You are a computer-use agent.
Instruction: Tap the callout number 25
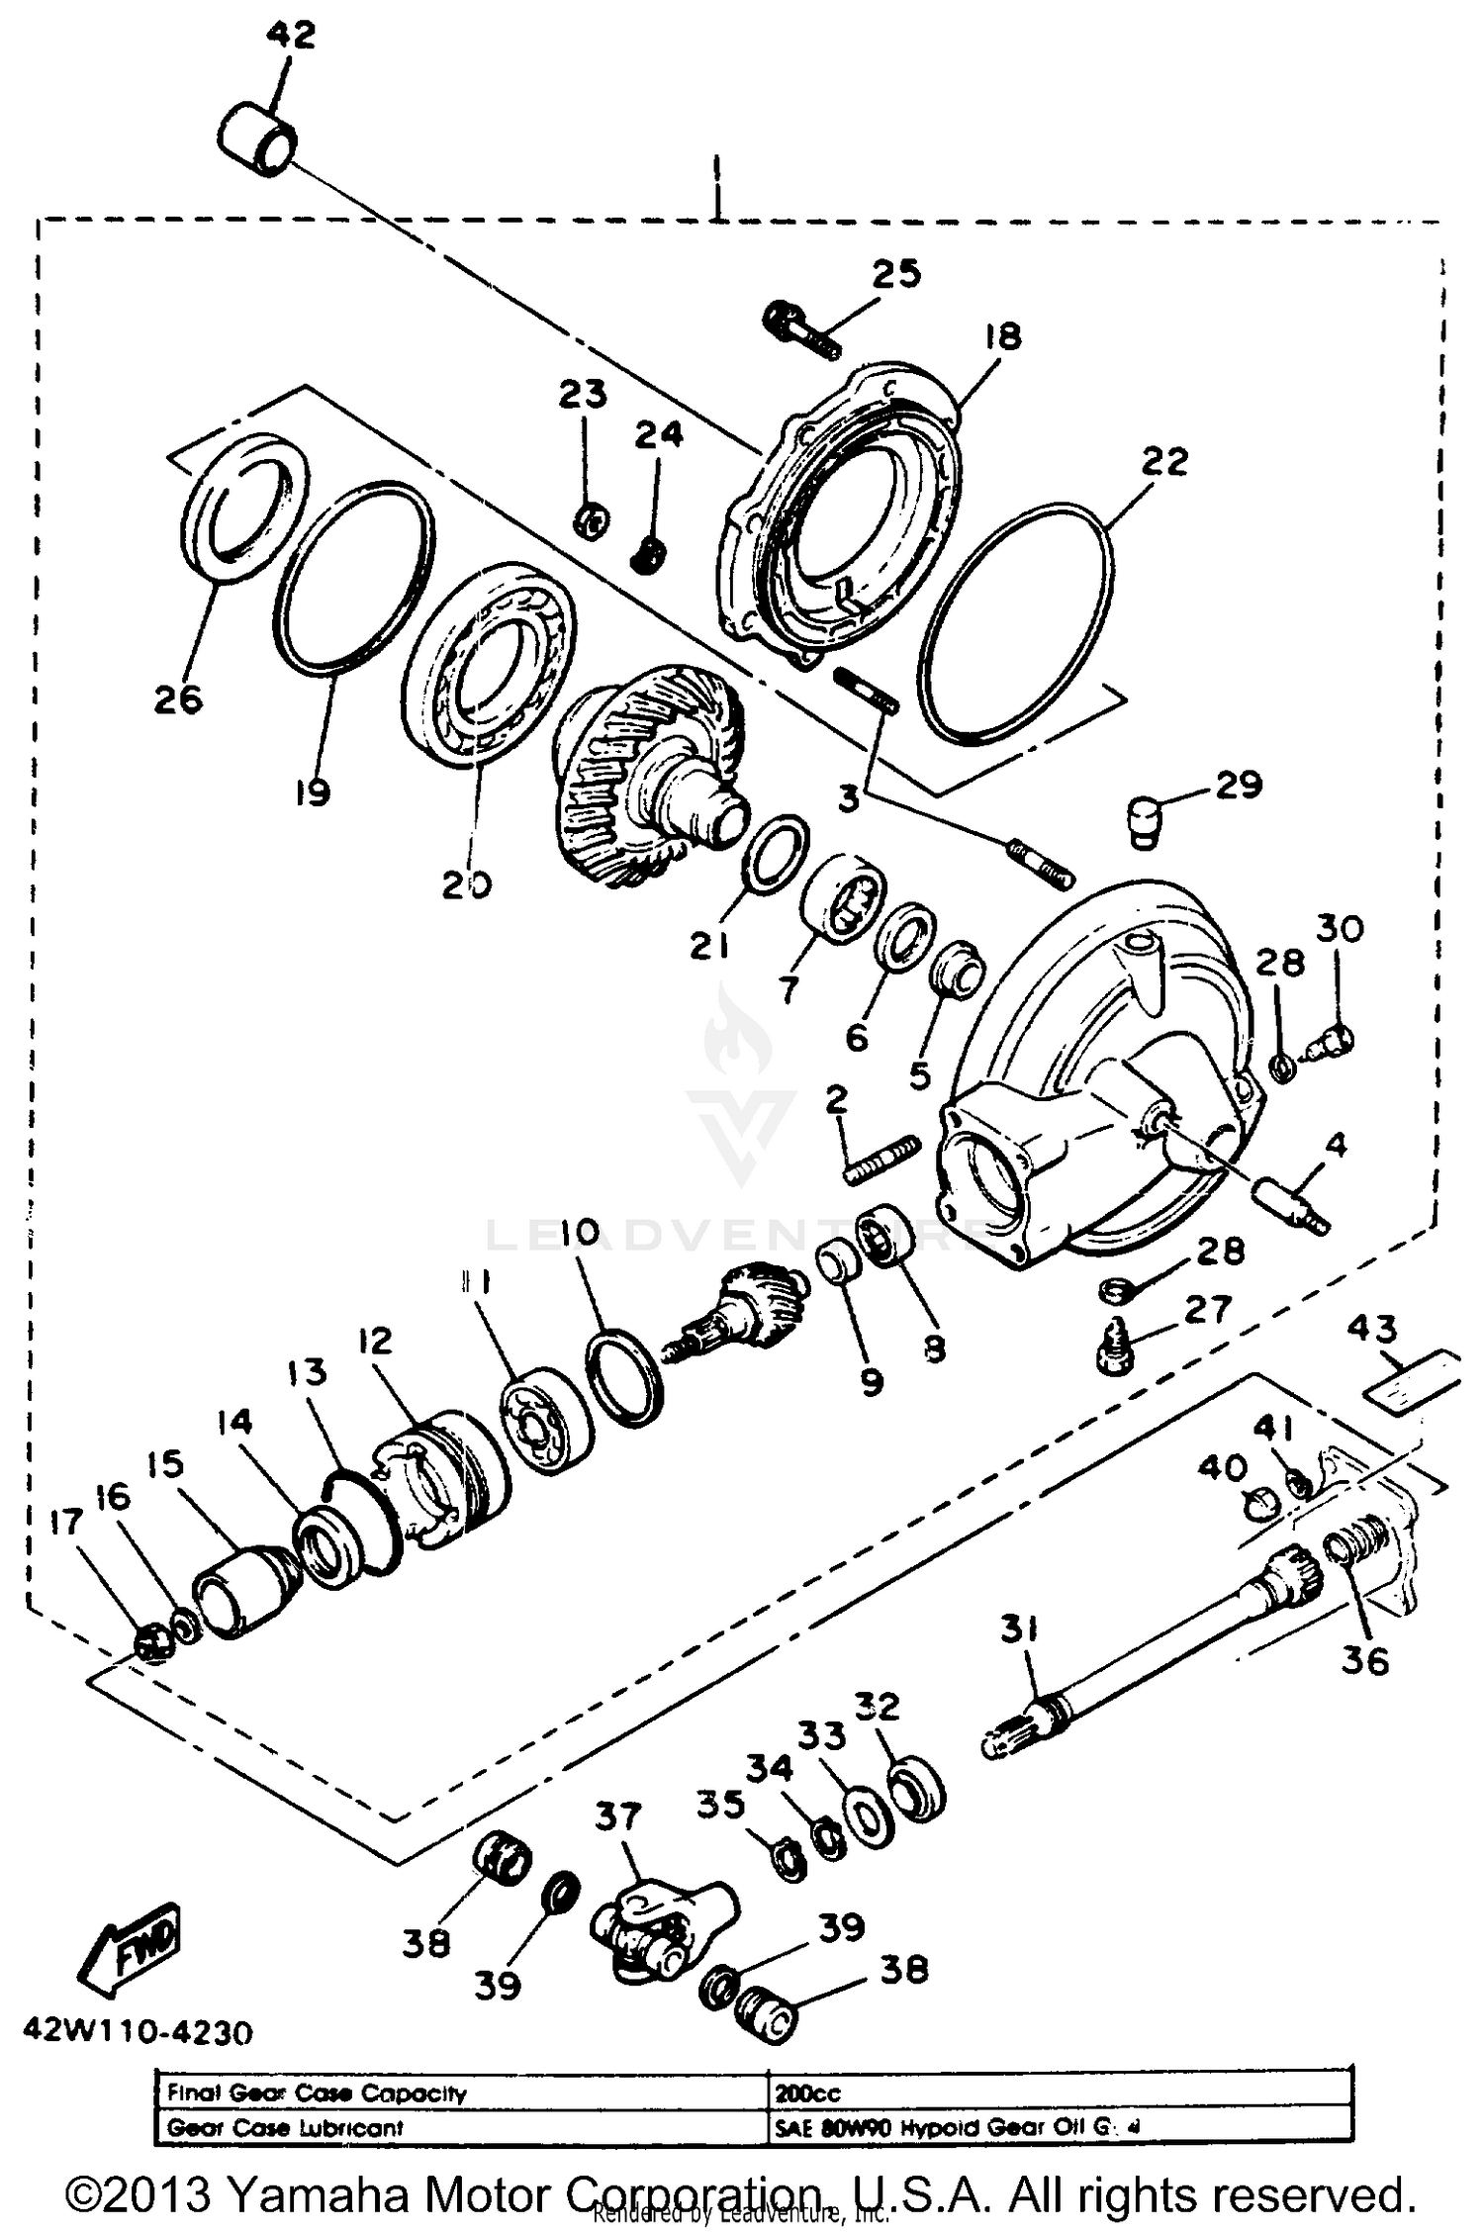(896, 274)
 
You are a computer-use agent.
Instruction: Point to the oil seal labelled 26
(246, 507)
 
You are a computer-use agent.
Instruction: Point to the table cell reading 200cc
(808, 2092)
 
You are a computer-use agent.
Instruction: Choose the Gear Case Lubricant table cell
(285, 2126)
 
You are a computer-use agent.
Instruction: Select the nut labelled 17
(151, 1645)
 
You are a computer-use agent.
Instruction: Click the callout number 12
(375, 1342)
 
